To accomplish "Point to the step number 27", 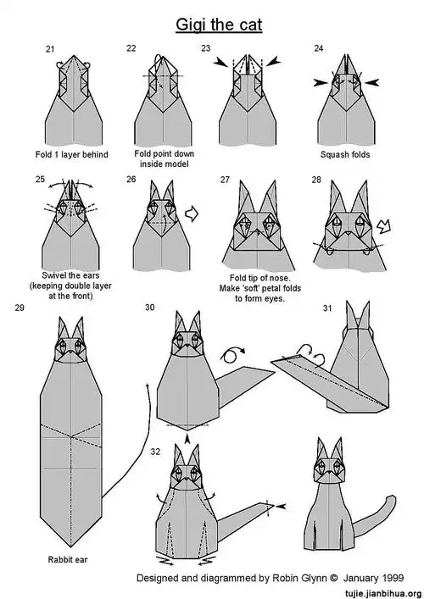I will click(225, 180).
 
